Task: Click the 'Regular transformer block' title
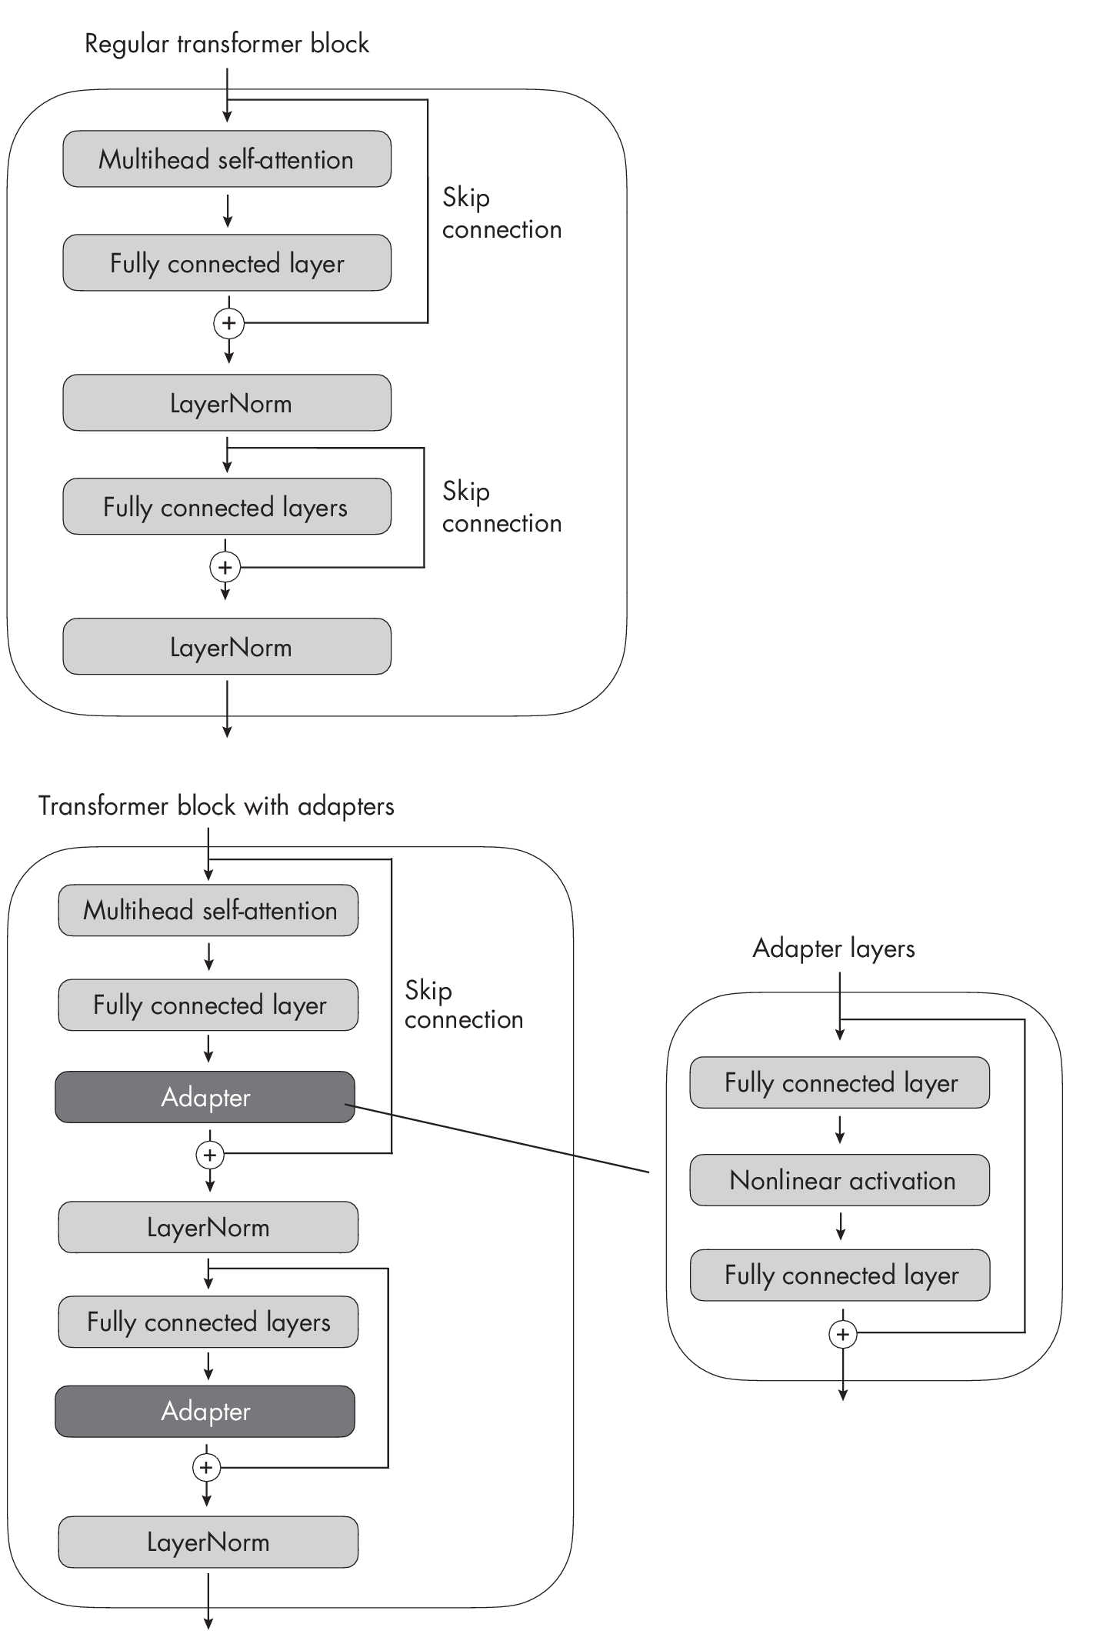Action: [227, 43]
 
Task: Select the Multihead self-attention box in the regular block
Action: [227, 159]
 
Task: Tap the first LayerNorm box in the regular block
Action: [227, 403]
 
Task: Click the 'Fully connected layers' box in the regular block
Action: [227, 507]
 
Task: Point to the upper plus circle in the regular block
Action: [228, 323]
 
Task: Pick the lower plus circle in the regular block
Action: [225, 568]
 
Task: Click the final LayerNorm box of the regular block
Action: [227, 647]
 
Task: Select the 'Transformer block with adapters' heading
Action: [216, 806]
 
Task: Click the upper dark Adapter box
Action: [205, 1097]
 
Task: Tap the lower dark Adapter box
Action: [205, 1411]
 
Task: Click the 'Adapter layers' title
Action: [834, 948]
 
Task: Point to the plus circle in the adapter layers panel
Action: [842, 1334]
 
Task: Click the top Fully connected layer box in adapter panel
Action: [840, 1082]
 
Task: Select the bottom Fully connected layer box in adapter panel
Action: [840, 1275]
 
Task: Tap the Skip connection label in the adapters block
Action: [463, 1005]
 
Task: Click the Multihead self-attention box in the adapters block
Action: [208, 911]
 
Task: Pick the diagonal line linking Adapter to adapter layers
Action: [500, 1139]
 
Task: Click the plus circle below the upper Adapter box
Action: [210, 1155]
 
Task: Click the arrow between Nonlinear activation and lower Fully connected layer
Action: [841, 1226]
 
